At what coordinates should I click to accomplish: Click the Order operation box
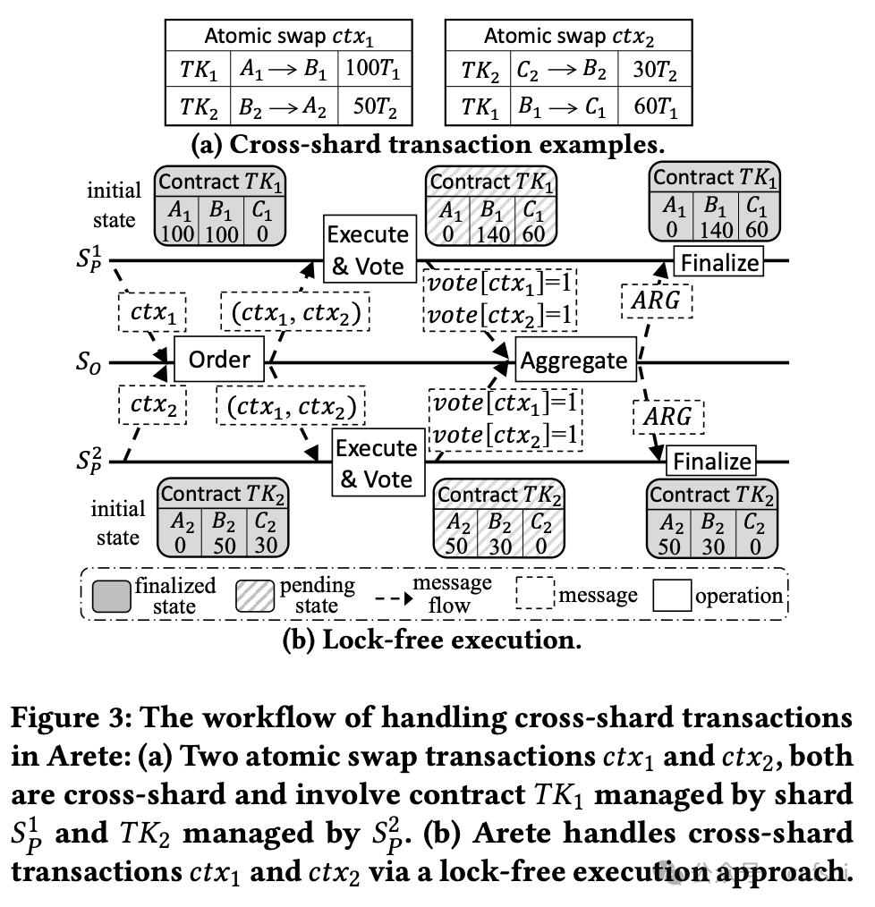pyautogui.click(x=219, y=360)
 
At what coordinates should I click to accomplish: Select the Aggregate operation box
pyautogui.click(x=573, y=360)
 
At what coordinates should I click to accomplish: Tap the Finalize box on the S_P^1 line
pyautogui.click(x=719, y=263)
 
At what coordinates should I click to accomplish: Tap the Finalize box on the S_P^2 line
pyautogui.click(x=711, y=462)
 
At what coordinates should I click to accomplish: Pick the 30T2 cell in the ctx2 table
pyautogui.click(x=653, y=70)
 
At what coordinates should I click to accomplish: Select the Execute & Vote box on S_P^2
pyautogui.click(x=376, y=463)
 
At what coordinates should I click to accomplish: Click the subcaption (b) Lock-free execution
pyautogui.click(x=432, y=640)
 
